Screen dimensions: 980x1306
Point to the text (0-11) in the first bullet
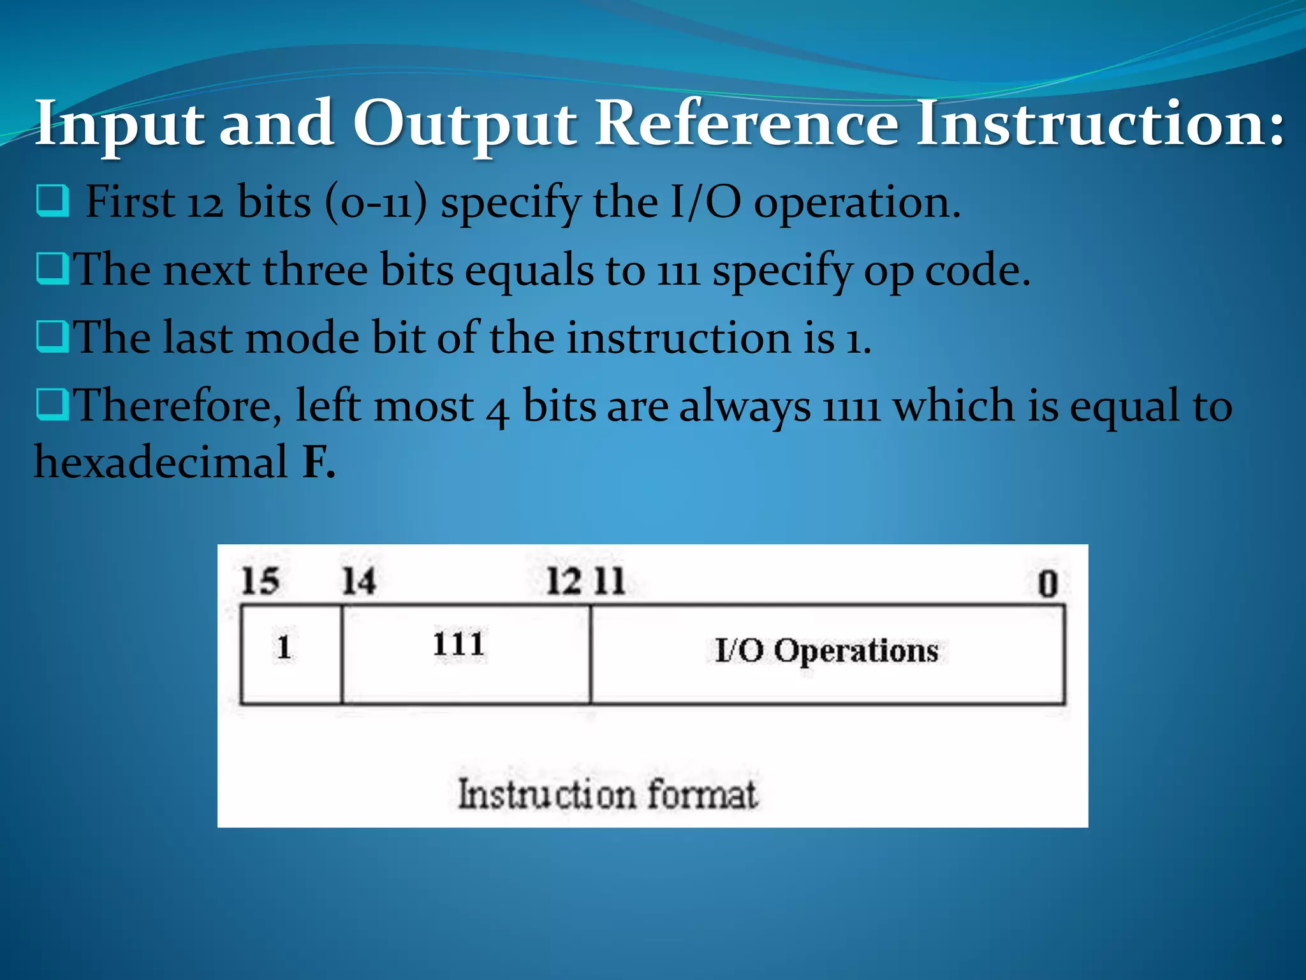point(375,202)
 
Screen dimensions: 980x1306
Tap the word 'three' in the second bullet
point(315,270)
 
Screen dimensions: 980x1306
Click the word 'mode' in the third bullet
point(303,338)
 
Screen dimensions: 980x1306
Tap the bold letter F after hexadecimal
point(316,462)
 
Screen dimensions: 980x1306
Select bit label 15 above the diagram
point(260,581)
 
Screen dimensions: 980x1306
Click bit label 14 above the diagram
point(358,581)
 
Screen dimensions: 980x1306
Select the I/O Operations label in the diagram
point(826,651)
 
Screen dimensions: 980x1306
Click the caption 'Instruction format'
point(608,795)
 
